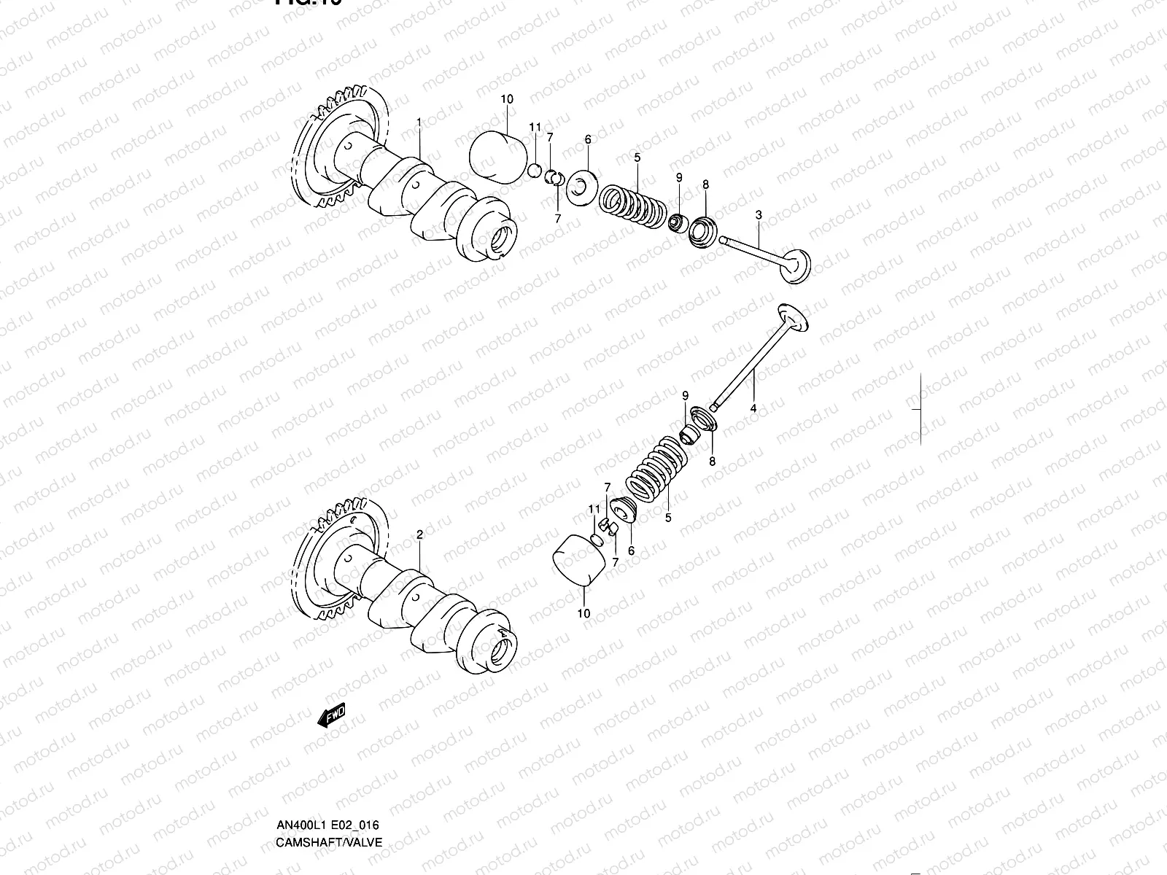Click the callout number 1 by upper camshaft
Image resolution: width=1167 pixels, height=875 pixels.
pyautogui.click(x=419, y=122)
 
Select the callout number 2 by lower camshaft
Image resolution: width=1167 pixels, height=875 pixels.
pyautogui.click(x=419, y=534)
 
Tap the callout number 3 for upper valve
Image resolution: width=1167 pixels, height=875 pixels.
pyautogui.click(x=759, y=215)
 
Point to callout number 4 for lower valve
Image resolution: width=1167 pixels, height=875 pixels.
pyautogui.click(x=753, y=409)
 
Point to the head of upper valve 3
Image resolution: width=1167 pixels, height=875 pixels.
pyautogui.click(x=795, y=267)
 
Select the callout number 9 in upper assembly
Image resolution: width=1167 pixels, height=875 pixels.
pyautogui.click(x=678, y=177)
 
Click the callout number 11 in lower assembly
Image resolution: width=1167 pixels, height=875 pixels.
pyautogui.click(x=594, y=508)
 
